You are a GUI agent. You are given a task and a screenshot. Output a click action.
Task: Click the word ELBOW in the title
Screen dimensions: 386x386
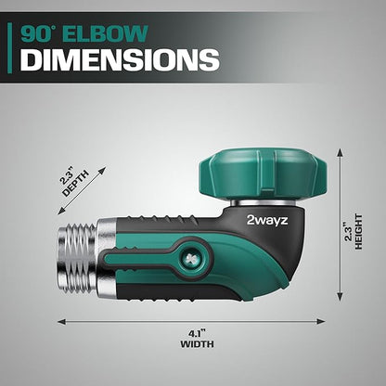click(107, 33)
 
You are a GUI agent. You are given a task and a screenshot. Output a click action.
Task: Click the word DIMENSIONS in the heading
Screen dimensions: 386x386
click(120, 59)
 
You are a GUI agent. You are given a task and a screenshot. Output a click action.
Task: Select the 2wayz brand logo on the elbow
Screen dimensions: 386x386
click(267, 220)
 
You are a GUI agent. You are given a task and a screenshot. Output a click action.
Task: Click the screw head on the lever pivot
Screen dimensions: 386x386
click(189, 257)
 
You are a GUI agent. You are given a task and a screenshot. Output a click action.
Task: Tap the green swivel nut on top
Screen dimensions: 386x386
click(263, 174)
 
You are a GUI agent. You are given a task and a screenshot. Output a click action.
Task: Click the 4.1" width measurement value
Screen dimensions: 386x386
click(197, 334)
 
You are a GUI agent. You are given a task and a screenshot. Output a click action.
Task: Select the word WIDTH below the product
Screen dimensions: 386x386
click(197, 344)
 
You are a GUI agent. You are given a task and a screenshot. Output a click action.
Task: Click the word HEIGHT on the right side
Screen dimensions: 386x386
click(358, 232)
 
